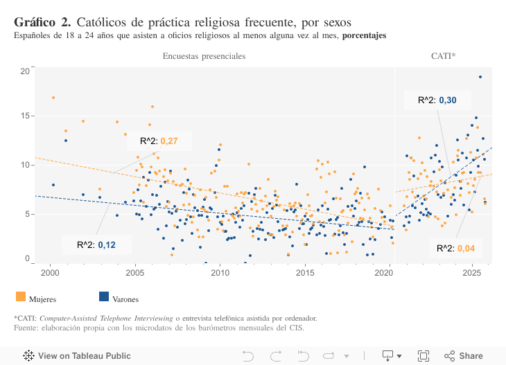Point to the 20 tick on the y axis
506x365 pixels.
coord(25,71)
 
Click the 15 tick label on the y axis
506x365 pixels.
coord(25,116)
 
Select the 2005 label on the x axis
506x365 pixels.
coord(134,272)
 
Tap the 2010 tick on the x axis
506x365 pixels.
coord(220,272)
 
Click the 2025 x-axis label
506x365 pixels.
coord(472,272)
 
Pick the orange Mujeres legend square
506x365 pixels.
coord(20,296)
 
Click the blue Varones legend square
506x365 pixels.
coord(104,296)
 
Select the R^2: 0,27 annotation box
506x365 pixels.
coord(159,141)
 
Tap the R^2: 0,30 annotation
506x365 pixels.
coord(437,100)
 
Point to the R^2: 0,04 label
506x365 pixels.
coord(455,248)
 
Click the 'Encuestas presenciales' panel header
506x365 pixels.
coord(204,56)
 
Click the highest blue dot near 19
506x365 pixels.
coord(480,77)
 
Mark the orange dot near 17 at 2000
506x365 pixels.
coord(53,98)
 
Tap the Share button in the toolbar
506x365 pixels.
coord(464,355)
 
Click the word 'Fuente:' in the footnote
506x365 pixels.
coord(26,328)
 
